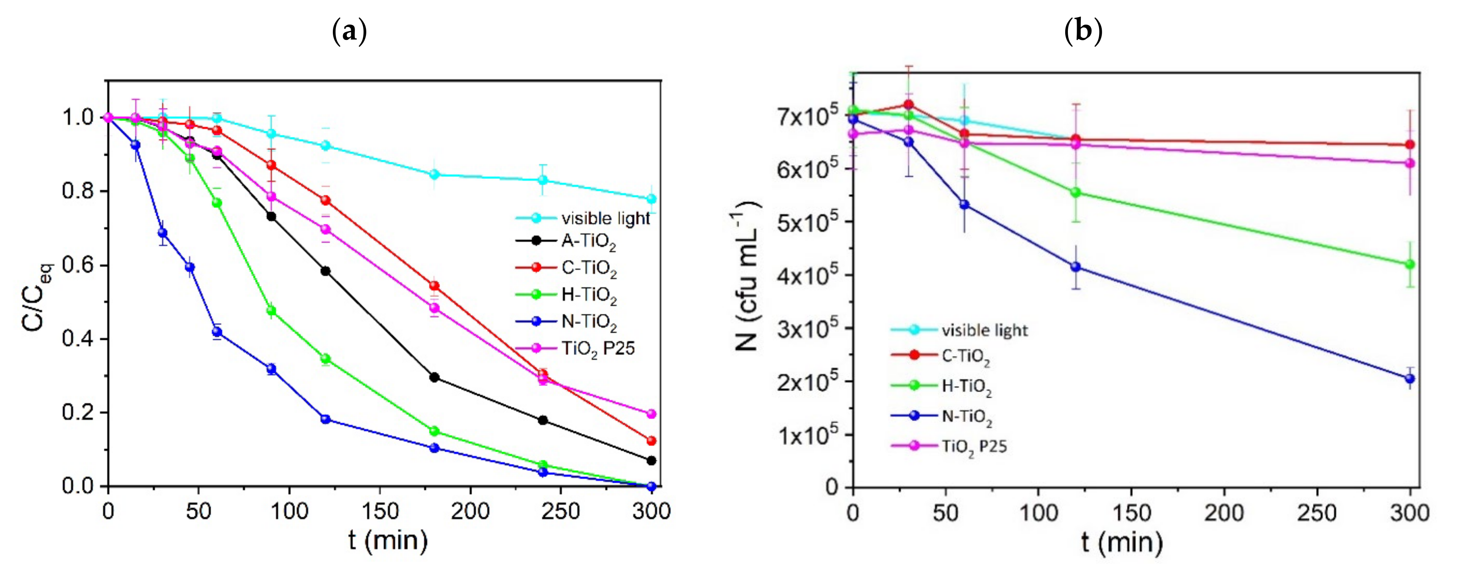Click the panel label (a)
(349, 31)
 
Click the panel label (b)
(1083, 31)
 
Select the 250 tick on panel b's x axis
(1317, 513)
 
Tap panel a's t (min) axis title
(388, 540)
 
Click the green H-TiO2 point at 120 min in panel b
(1075, 193)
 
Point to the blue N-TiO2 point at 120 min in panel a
(326, 420)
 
